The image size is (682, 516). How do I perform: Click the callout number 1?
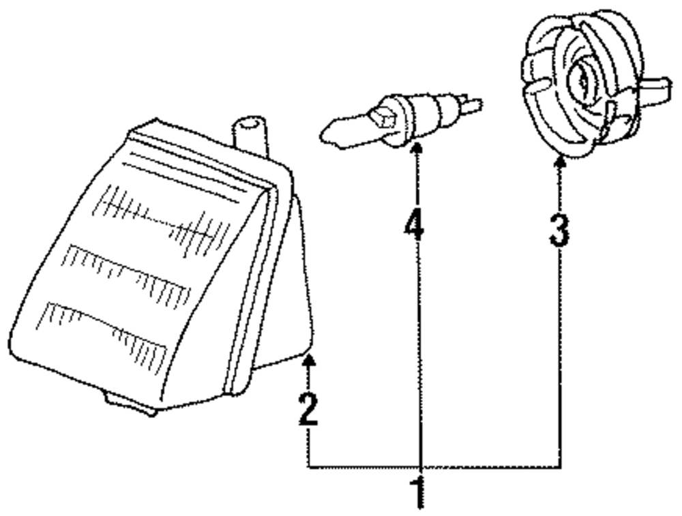(418, 491)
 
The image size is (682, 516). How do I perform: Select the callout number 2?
(309, 409)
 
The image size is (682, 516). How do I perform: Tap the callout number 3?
(559, 229)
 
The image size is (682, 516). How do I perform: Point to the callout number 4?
(415, 224)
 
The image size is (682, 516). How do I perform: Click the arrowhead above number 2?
(310, 359)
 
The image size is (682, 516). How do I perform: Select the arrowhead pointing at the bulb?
(416, 148)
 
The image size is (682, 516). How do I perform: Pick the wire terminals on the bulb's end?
(471, 106)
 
